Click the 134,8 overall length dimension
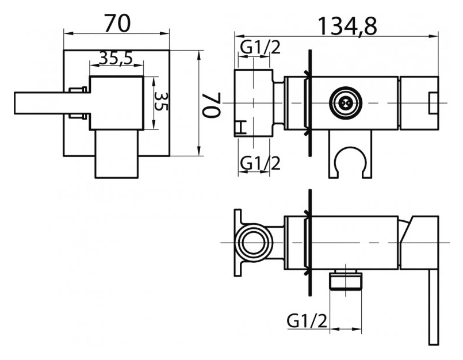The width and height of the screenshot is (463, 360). (x=347, y=26)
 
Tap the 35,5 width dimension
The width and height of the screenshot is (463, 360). (x=116, y=58)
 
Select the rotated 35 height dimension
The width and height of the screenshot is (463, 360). (x=160, y=102)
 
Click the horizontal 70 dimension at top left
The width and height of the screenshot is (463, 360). (x=117, y=23)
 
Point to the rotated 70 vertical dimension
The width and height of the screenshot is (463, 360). (x=211, y=105)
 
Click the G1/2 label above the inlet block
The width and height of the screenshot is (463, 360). (x=260, y=47)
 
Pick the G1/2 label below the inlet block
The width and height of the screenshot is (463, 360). (x=260, y=163)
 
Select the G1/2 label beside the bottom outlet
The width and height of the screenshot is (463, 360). (x=307, y=320)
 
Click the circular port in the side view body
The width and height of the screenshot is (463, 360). (x=346, y=103)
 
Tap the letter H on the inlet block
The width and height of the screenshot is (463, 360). (x=242, y=127)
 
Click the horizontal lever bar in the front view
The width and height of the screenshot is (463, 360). (x=52, y=103)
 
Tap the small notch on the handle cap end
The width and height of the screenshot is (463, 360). (x=433, y=103)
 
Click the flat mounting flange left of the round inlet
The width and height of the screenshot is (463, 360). (x=238, y=243)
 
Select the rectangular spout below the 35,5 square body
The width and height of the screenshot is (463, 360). (x=117, y=154)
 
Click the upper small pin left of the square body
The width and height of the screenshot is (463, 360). (x=78, y=90)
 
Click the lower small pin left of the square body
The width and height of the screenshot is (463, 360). (x=78, y=116)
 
